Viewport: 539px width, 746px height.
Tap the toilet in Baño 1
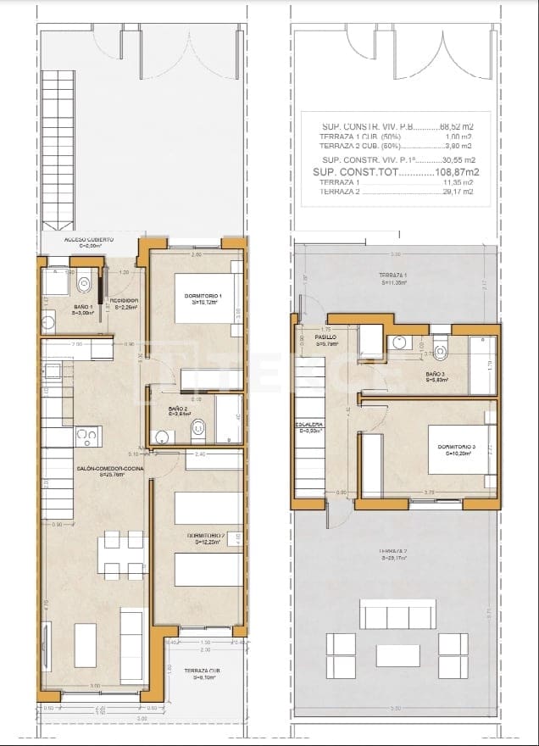[x=85, y=282]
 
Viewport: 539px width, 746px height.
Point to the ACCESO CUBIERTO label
[x=91, y=241]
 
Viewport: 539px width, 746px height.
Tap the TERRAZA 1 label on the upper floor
[x=394, y=277]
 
